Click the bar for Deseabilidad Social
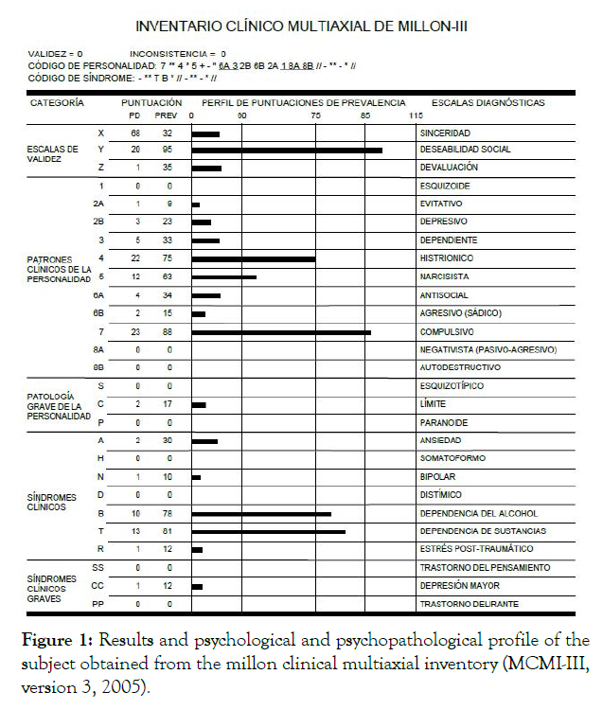[287, 150]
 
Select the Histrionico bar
[253, 258]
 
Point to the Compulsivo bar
[281, 331]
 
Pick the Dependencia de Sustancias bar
[268, 532]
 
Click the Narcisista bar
[223, 277]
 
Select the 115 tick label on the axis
[415, 115]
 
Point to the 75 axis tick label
[315, 115]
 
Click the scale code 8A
[98, 349]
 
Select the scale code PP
[98, 603]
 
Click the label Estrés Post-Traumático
[476, 549]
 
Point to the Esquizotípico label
[452, 385]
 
